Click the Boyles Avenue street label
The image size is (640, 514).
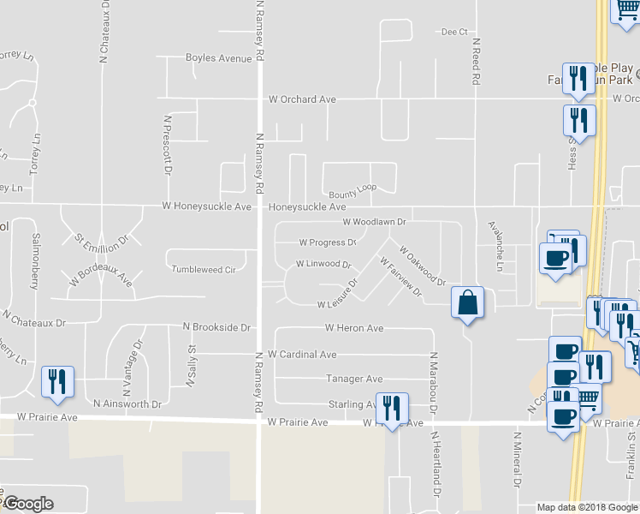click(219, 58)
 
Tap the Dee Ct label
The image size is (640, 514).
click(454, 32)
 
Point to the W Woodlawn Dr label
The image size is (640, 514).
click(373, 221)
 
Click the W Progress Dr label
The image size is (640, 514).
click(327, 242)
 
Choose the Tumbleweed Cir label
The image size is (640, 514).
click(204, 269)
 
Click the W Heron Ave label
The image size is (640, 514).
click(354, 328)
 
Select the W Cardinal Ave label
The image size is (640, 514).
click(302, 354)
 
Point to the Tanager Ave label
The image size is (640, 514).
click(354, 379)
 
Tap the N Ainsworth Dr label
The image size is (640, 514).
click(127, 403)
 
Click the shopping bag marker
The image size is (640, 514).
click(467, 303)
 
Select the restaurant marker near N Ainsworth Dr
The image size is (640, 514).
click(57, 382)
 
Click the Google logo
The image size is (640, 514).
click(27, 504)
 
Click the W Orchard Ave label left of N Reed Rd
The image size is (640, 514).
click(302, 99)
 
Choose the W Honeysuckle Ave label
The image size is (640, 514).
click(207, 206)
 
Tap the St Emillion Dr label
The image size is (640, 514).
click(101, 239)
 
